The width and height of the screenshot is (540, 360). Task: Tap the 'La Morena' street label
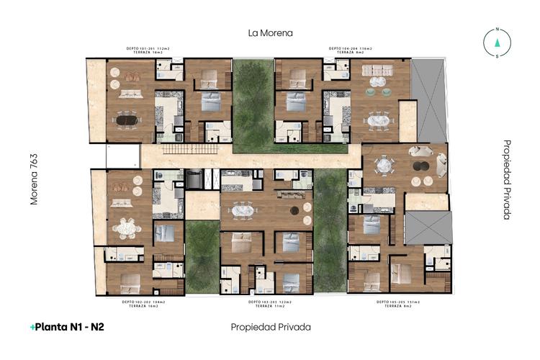270,33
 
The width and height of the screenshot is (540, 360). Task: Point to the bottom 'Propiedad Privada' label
271,327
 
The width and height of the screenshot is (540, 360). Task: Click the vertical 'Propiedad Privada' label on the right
507,179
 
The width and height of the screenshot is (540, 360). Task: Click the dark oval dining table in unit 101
127,120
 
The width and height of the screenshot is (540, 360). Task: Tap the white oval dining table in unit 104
377,121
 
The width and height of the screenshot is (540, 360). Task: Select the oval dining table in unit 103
242,210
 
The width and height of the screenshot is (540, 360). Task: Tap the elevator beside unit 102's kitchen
194,179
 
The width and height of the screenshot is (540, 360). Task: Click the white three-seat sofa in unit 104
378,71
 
